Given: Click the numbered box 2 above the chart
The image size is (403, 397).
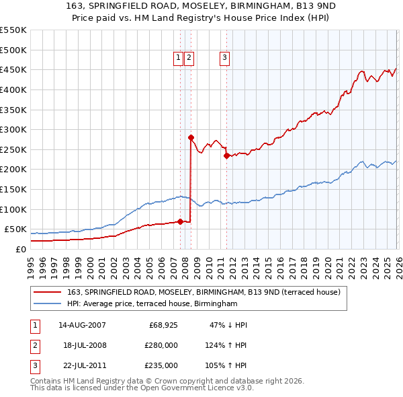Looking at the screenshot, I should click(x=189, y=59).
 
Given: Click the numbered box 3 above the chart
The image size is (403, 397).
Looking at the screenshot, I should click(x=224, y=59).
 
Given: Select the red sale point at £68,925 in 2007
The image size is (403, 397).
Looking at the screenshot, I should click(x=180, y=221).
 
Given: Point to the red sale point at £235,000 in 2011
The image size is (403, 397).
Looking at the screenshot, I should click(x=226, y=155).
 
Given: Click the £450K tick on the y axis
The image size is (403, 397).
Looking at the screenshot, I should click(x=13, y=69).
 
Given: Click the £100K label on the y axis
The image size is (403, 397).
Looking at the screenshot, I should click(x=13, y=209).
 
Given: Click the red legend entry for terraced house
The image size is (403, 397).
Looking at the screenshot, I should click(x=204, y=292).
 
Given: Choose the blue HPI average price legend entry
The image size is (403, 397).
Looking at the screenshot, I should click(x=152, y=304).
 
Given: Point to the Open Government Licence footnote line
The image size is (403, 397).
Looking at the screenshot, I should click(x=142, y=388).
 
